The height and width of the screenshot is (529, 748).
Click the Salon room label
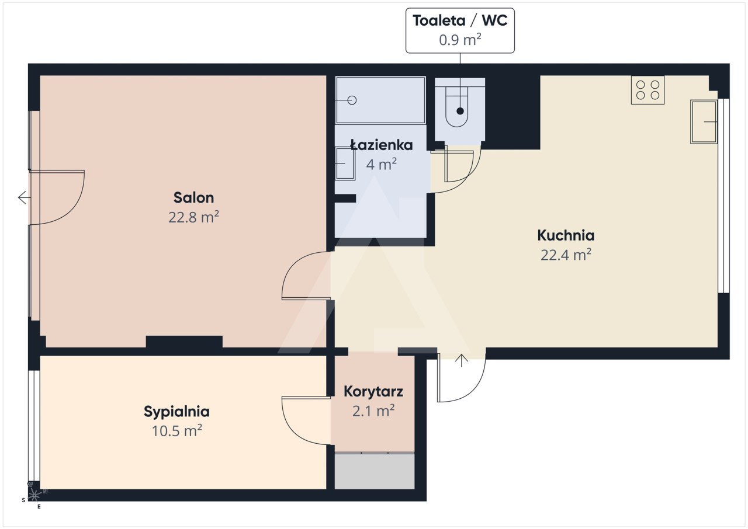point(193,197)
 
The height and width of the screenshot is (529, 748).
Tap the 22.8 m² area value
point(193,217)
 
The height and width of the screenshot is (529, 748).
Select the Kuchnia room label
point(566,235)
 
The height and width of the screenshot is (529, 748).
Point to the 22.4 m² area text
point(566,255)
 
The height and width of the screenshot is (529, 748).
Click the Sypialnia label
point(176,412)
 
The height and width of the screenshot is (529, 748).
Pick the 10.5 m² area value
point(176,430)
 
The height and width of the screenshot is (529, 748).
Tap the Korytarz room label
point(373,392)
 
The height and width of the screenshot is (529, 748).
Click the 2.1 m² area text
point(373,411)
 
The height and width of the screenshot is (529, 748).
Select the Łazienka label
point(382,145)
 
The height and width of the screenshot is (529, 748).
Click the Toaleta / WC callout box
point(460,30)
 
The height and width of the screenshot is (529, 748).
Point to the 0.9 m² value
point(460,40)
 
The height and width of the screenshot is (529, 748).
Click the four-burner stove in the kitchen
point(647,90)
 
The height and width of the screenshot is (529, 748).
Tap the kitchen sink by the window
point(704,122)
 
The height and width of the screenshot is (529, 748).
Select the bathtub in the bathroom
point(380,100)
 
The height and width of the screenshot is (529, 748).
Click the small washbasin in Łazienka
point(345,163)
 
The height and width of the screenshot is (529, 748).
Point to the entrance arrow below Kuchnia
point(462,361)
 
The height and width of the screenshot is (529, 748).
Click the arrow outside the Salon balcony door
point(25,197)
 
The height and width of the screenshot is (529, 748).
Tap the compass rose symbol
point(34,496)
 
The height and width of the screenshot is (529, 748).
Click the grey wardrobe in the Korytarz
point(375,471)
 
